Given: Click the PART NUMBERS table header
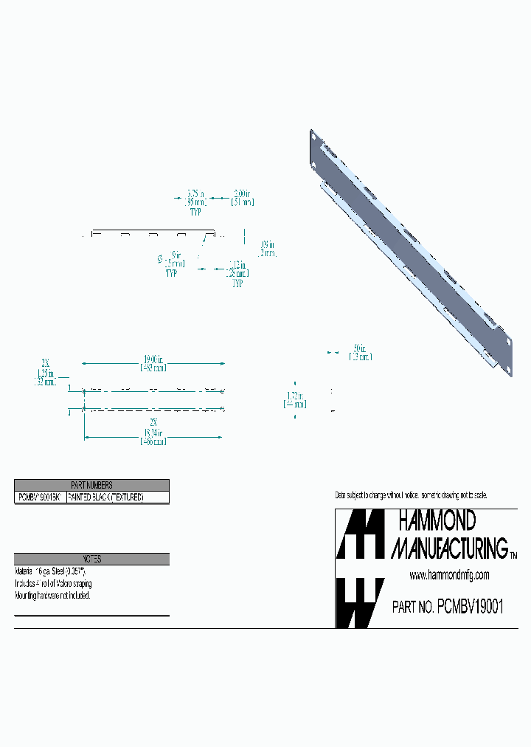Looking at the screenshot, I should (91, 485).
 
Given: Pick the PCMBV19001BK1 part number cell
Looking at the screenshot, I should (40, 498).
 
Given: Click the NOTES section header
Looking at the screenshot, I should (91, 559).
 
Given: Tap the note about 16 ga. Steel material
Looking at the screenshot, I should (50, 571).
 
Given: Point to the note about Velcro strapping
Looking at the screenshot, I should (52, 583).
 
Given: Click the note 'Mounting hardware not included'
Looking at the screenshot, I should (52, 595).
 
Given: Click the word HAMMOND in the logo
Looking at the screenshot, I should (437, 521).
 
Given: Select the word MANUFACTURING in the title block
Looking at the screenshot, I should (448, 548).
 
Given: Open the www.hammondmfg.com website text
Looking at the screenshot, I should (448, 576).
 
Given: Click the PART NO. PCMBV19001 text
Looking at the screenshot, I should (448, 607).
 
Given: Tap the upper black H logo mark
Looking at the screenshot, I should (360, 534).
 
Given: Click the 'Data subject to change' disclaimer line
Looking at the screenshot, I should (411, 495).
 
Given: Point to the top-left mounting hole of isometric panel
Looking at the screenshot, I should (313, 137).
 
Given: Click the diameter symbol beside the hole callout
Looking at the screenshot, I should (159, 258).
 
